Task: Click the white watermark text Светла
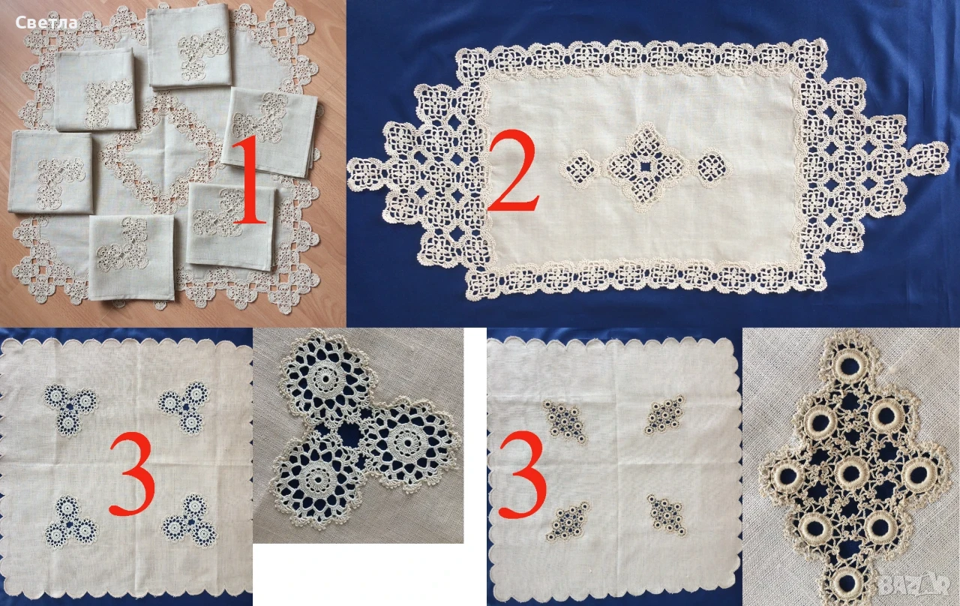46,22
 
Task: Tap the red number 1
249,181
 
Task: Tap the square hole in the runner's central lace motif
644,166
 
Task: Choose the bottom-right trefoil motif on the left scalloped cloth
189,521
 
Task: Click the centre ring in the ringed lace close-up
851,472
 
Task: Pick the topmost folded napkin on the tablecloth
188,46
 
